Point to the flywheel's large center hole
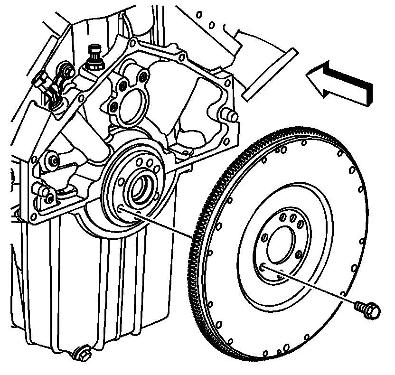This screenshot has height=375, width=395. click(280, 243)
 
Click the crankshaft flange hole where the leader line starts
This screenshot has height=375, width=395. click(121, 209)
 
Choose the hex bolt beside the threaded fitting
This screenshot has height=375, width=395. click(68, 72)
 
